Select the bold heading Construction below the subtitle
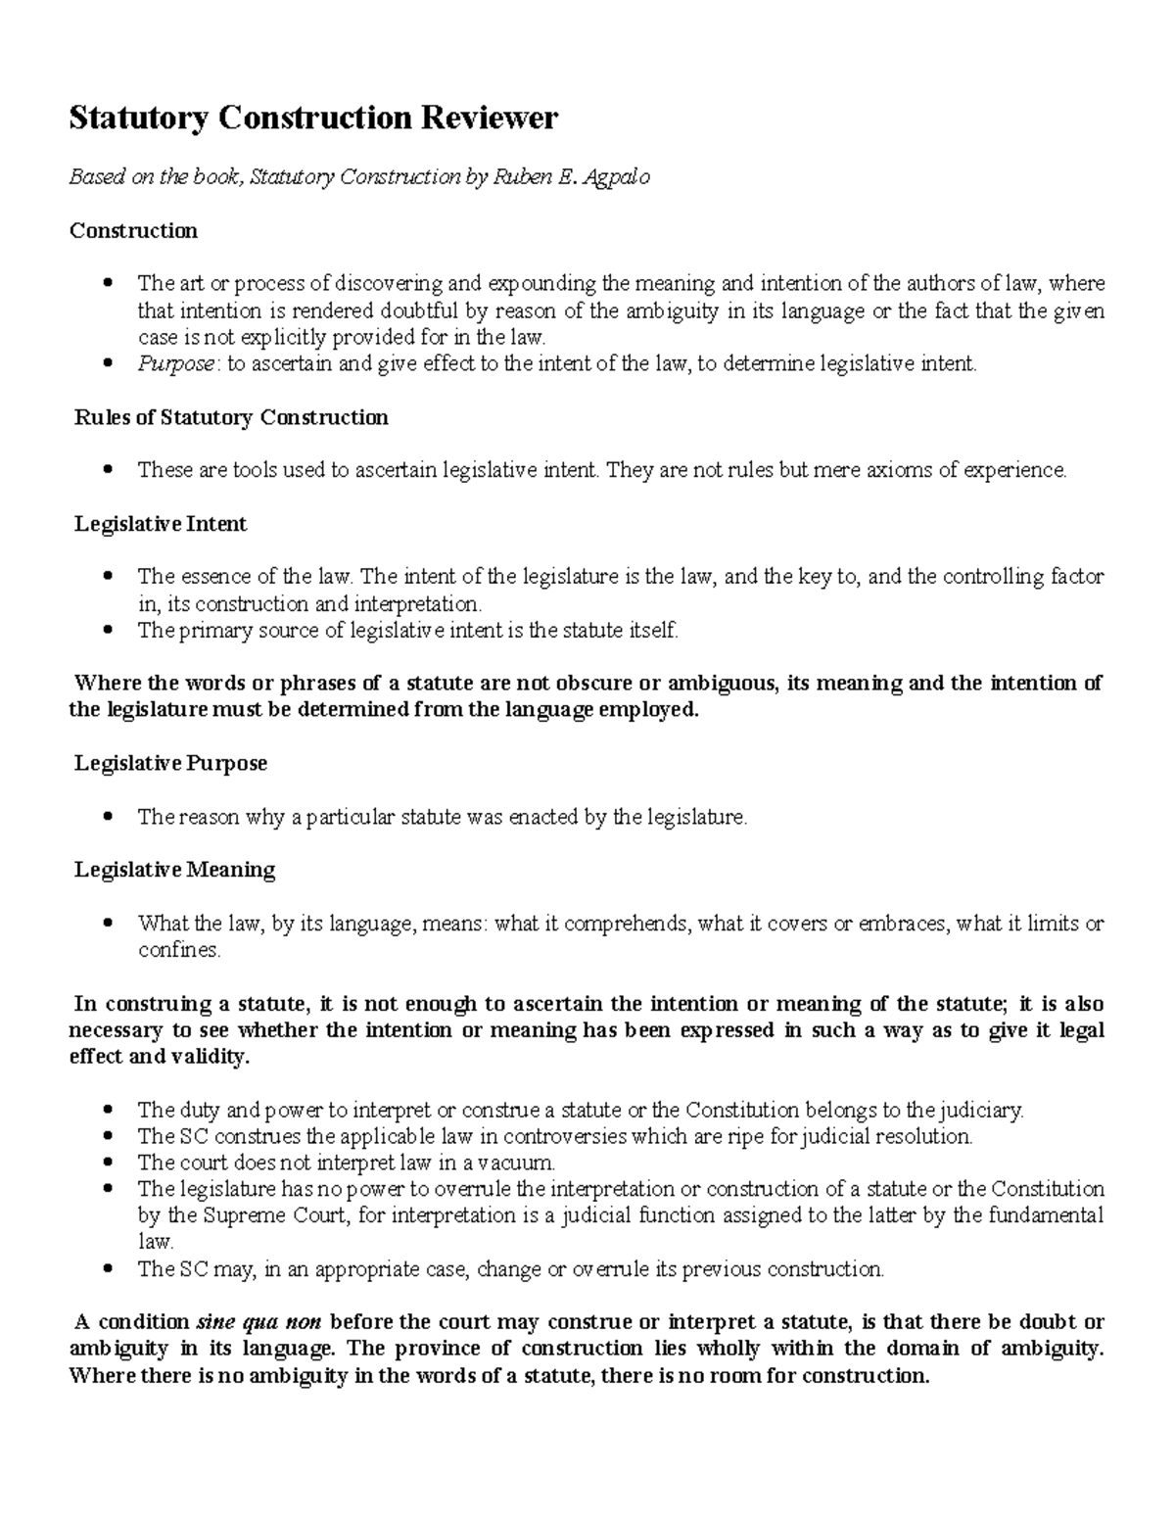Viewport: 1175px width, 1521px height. coord(133,231)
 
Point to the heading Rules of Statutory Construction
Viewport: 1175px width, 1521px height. coord(231,418)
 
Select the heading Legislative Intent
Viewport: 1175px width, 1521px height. coord(161,525)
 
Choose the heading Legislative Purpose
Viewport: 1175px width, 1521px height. coord(170,763)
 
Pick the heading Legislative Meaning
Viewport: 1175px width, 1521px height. coord(174,870)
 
